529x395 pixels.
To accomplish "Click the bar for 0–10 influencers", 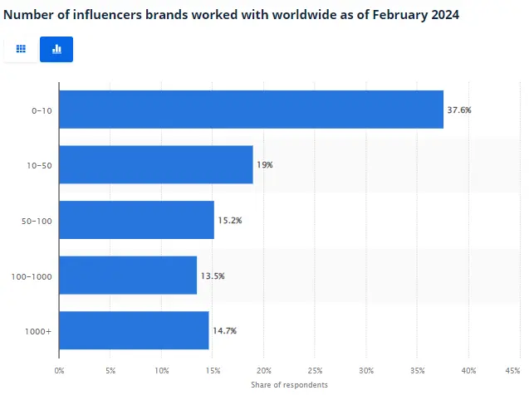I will [x=251, y=110].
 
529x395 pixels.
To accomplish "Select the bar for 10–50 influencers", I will [x=156, y=164].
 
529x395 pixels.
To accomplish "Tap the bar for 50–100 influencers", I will [x=136, y=220].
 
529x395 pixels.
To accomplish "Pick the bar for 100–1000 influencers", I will [x=128, y=275].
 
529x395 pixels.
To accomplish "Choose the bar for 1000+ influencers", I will [x=134, y=330].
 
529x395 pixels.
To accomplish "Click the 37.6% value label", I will [x=459, y=110].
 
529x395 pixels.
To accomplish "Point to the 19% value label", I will [x=265, y=165].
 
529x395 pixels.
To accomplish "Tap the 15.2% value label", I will [x=230, y=220].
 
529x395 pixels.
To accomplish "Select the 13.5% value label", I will [x=213, y=276].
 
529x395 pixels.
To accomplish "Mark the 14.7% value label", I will [x=224, y=330].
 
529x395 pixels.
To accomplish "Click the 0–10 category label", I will [x=41, y=110].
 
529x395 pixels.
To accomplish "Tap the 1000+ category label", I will [x=39, y=331].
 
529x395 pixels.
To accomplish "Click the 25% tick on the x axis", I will [x=315, y=370].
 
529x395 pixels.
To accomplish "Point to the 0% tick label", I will [x=59, y=370].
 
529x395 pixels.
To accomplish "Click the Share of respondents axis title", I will [x=289, y=385].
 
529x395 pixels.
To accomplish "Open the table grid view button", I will [x=21, y=50].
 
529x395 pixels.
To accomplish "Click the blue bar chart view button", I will [x=56, y=50].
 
